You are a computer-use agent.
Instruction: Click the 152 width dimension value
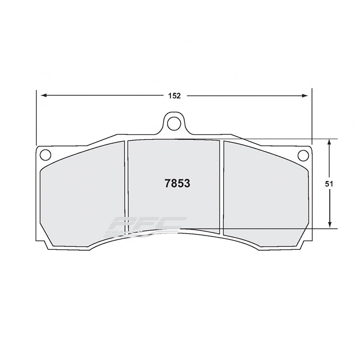pyautogui.click(x=175, y=95)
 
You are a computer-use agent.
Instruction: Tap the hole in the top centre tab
pyautogui.click(x=174, y=123)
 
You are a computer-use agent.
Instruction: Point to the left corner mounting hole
pyautogui.click(x=45, y=155)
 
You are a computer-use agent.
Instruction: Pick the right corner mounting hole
pyautogui.click(x=303, y=155)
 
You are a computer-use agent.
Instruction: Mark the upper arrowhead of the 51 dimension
pyautogui.click(x=330, y=142)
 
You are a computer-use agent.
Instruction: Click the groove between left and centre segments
pyautogui.click(x=126, y=189)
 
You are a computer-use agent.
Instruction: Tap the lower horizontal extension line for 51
pyautogui.click(x=279, y=229)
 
